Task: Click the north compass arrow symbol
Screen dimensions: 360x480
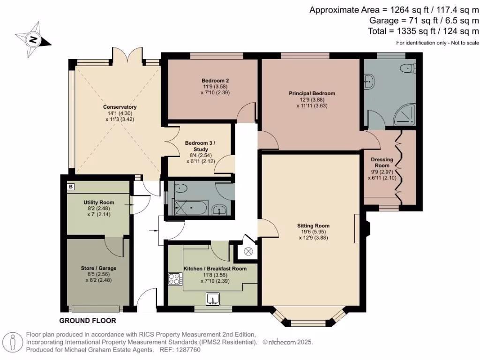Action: pos(33,39)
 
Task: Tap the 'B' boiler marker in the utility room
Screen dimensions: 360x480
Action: pos(70,187)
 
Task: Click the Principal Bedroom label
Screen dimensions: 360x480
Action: pos(312,93)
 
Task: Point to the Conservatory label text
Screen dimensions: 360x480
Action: pos(120,107)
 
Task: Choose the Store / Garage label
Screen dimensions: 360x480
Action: pos(98,268)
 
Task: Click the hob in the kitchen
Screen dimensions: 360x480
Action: pos(175,279)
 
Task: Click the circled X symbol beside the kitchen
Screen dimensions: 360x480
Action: pos(248,251)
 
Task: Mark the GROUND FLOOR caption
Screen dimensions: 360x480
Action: pos(87,321)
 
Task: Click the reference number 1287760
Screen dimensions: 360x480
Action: pos(187,350)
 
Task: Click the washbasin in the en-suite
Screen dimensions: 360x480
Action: pos(369,82)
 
